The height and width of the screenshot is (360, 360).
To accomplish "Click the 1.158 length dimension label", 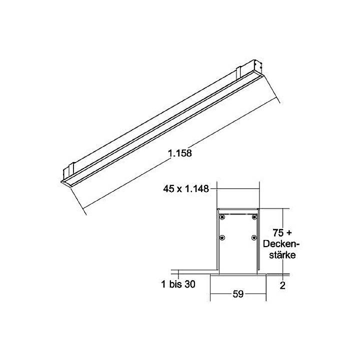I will (180, 153).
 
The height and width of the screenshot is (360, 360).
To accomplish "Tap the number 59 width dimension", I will (237, 294).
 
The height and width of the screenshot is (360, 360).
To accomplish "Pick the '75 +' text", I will (281, 232).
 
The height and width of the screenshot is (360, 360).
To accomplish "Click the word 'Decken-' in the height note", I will (280, 243).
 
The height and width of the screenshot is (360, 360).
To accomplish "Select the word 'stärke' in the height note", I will (280, 254).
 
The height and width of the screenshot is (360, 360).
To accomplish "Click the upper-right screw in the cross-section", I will (254, 217).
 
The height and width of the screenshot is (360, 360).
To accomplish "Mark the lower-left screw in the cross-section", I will (222, 237).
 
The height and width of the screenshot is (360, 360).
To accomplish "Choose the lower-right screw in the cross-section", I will (254, 237).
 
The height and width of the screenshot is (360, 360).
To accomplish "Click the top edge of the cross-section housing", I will (238, 208).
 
